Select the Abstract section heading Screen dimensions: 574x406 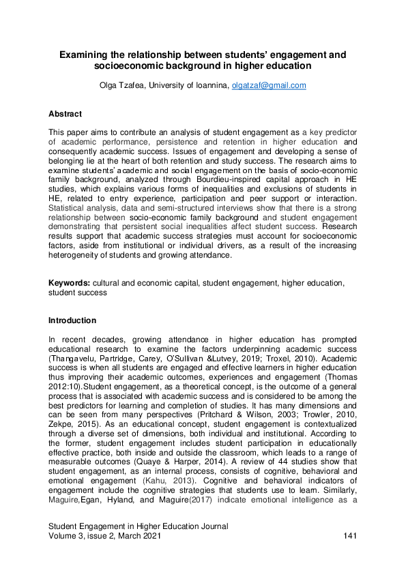click(66, 114)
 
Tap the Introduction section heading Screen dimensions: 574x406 click(72, 320)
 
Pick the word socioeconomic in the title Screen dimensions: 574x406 click(134, 66)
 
